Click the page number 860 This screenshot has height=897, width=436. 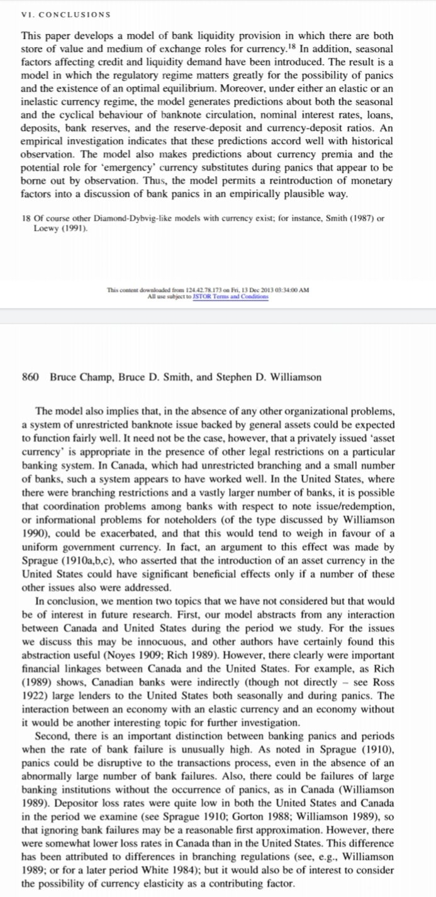point(31,377)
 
